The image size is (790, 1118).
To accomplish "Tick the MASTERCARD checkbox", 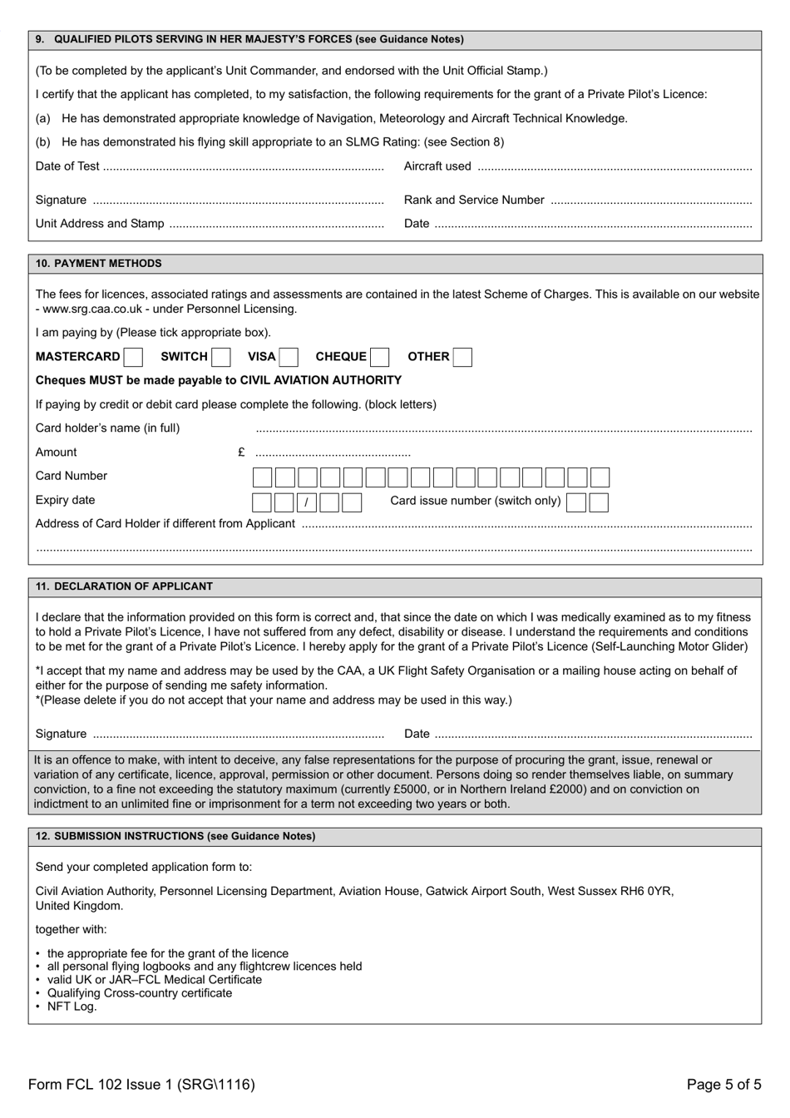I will click(133, 357).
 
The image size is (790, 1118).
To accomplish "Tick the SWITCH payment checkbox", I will click(220, 357).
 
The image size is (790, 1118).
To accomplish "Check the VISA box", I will click(289, 357).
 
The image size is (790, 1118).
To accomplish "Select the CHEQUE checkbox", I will click(379, 357).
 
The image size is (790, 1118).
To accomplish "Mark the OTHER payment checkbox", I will click(462, 357).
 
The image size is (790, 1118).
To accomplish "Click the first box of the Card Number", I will click(262, 477).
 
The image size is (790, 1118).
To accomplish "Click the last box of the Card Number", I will click(600, 477).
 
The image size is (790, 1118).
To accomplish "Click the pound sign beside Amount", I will click(241, 452).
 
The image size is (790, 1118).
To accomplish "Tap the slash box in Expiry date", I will click(307, 502).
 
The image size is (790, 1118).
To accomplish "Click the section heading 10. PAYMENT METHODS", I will click(99, 263).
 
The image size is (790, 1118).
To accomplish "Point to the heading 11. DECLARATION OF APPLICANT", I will click(124, 586).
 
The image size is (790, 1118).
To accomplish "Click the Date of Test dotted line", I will click(244, 166).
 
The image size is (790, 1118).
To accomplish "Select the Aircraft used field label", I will click(437, 166).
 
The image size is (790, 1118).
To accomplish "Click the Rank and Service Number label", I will click(474, 200).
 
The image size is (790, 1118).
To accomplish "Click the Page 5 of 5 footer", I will click(723, 1084).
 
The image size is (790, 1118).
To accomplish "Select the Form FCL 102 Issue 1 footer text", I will click(141, 1084).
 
